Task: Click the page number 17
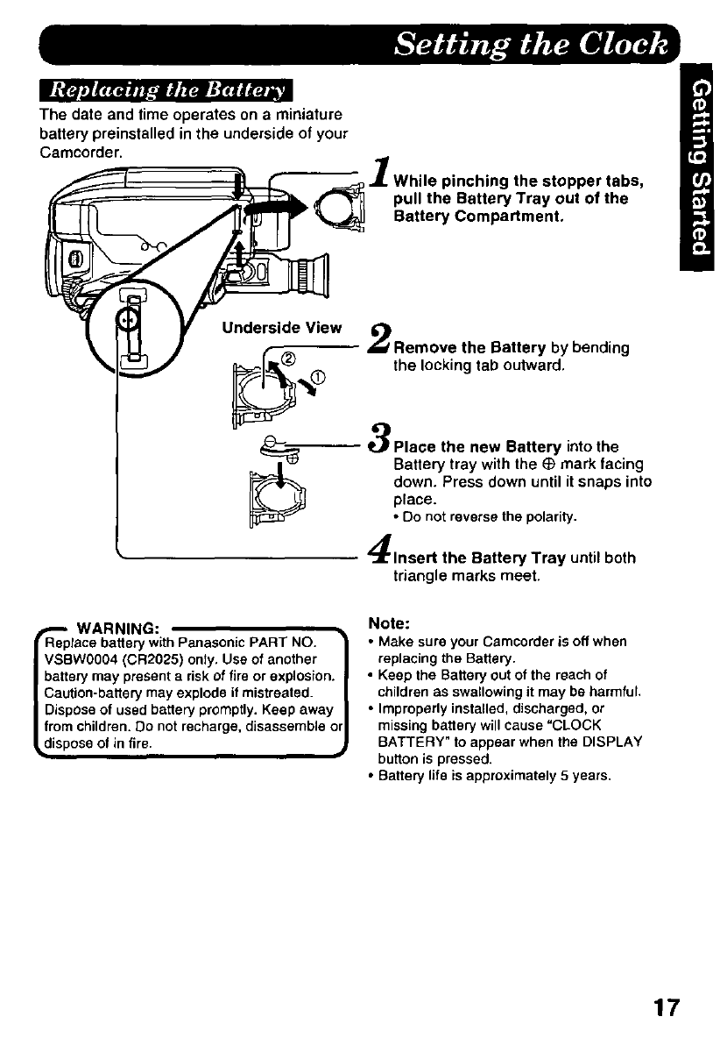665,1006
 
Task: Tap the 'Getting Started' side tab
698,175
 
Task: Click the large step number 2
381,338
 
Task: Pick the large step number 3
381,436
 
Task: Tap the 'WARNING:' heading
118,628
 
